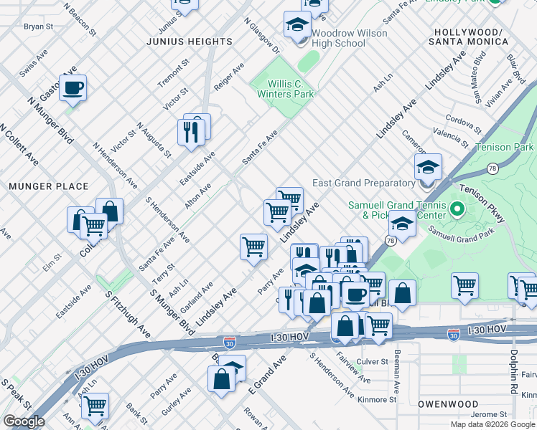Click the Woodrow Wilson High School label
pos(350,38)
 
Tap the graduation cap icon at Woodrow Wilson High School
pos(296,27)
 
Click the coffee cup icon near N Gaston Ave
pos(73,89)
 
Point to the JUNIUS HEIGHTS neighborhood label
pos(190,42)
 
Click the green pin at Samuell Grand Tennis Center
pos(457,210)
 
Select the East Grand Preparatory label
pos(365,182)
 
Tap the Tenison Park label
pos(505,148)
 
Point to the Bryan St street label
pos(39,27)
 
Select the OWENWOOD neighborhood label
pos(448,404)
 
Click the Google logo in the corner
pos(23,422)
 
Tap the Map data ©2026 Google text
pos(492,424)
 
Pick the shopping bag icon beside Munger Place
pos(109,211)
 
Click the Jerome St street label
pos(492,415)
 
